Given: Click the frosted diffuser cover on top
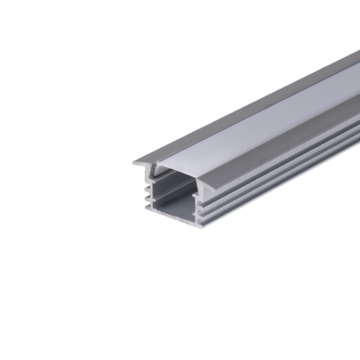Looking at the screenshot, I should pyautogui.click(x=249, y=129).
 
